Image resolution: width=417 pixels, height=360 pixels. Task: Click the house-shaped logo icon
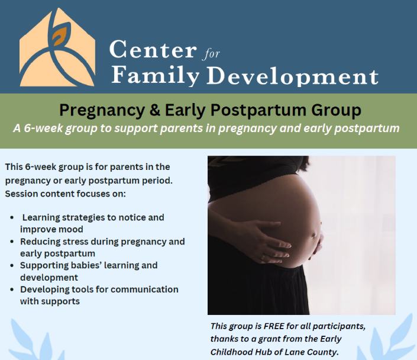(x=57, y=48)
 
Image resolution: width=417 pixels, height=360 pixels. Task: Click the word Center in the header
(x=153, y=49)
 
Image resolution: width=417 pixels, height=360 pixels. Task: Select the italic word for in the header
(x=211, y=53)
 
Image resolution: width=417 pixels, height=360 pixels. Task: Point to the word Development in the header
(x=292, y=76)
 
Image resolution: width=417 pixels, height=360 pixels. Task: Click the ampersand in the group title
(x=155, y=110)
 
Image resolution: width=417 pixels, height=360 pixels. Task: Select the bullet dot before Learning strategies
(x=12, y=217)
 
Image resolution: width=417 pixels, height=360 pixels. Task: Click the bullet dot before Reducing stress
(x=12, y=242)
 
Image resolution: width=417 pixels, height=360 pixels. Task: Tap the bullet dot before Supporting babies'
(x=12, y=265)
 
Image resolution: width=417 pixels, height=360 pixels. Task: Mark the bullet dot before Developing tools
(x=12, y=290)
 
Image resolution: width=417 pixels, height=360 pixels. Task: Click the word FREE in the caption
(x=274, y=326)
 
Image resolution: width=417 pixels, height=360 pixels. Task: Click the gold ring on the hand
(x=263, y=257)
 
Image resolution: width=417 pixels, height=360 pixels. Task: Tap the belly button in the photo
(x=315, y=235)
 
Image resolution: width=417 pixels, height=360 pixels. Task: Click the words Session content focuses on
(x=65, y=194)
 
